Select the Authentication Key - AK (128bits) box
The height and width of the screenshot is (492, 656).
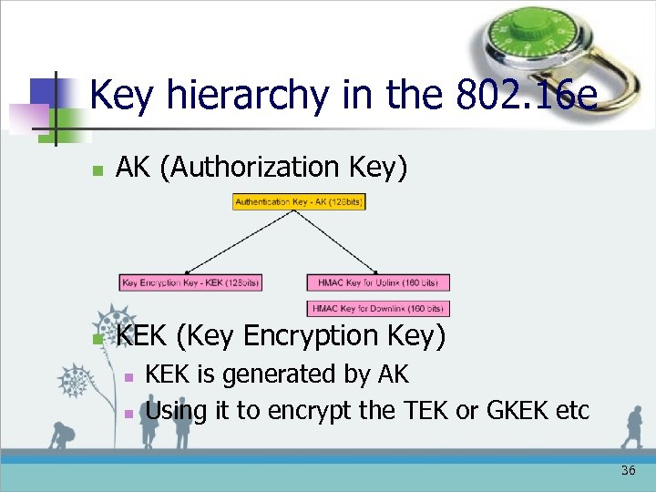299,201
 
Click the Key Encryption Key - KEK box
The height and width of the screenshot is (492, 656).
190,282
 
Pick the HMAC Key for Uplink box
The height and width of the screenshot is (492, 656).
378,282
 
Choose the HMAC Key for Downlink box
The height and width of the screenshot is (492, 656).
378,308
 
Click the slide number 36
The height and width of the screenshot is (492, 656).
628,471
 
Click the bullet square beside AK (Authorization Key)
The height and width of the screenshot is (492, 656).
98,170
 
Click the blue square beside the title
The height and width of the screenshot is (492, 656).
43,91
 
